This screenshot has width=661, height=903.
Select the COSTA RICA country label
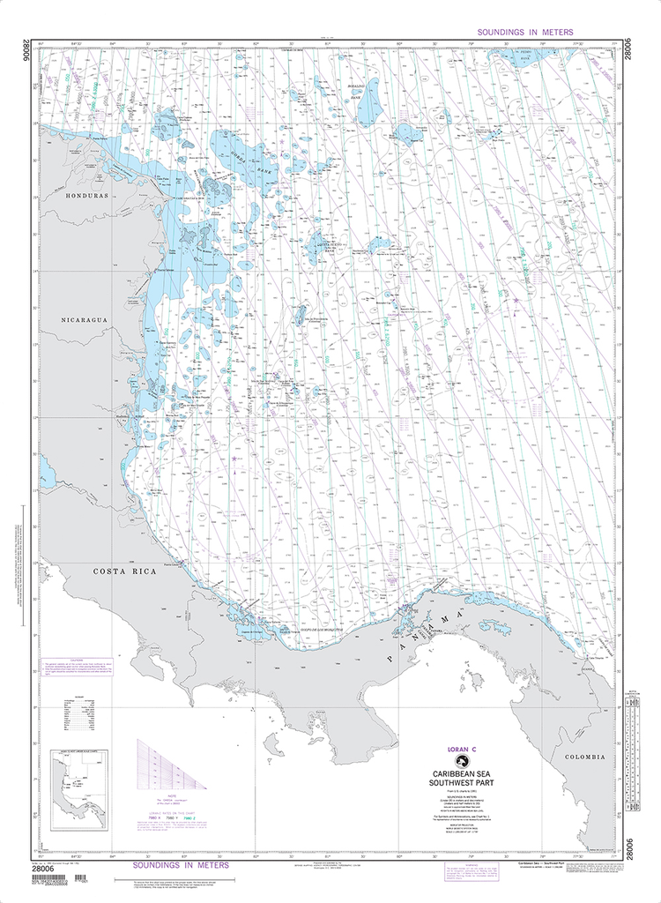tap(125, 571)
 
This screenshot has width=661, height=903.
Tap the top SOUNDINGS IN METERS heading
tap(524, 32)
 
